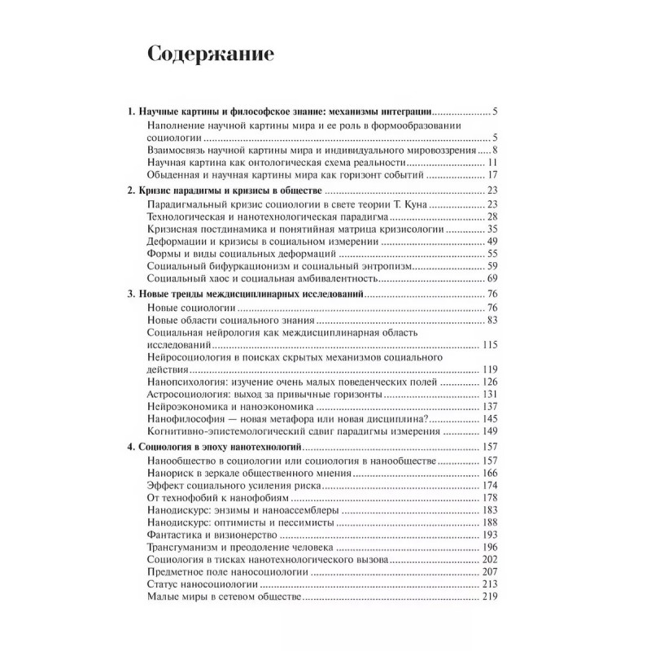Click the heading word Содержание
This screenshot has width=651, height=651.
point(211,55)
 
